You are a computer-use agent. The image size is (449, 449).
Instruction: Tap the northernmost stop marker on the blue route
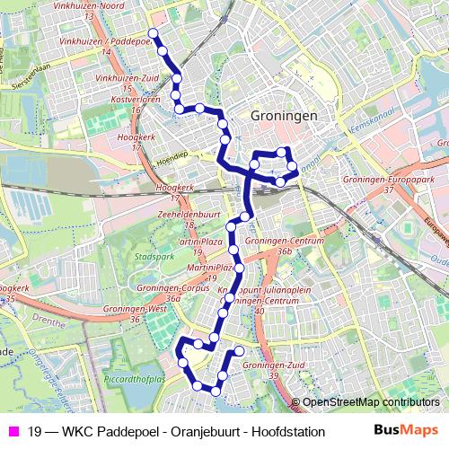click(x=152, y=33)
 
